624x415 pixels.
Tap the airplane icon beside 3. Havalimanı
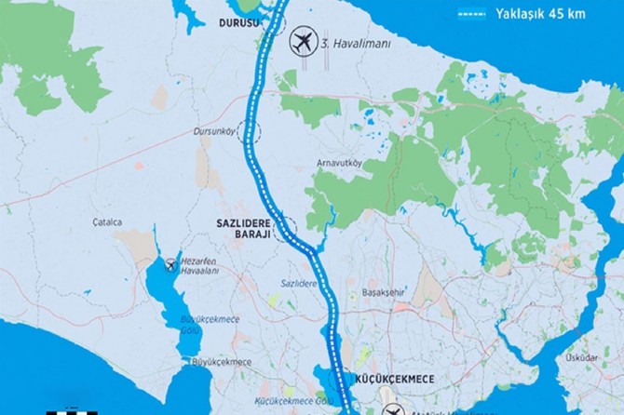[x=302, y=42]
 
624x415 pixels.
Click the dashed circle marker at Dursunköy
[x=250, y=131]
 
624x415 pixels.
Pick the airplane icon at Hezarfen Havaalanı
[x=170, y=266]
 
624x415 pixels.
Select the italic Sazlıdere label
[x=299, y=281]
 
